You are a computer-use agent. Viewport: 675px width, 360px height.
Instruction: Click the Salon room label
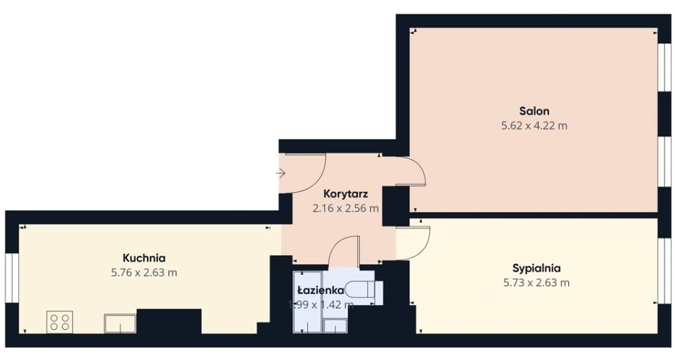coord(534,111)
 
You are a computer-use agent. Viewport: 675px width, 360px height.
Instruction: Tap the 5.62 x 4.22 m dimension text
coord(534,126)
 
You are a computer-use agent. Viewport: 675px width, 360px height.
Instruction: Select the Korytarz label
coord(346,194)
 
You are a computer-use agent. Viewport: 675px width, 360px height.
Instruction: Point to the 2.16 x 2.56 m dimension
coord(346,208)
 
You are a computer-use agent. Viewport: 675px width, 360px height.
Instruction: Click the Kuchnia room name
coord(144,258)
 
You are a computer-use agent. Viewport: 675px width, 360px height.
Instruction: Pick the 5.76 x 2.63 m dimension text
coord(144,273)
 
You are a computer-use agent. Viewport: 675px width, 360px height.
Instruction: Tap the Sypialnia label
coord(536,269)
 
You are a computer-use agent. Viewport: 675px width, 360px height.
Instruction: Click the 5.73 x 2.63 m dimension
coord(536,283)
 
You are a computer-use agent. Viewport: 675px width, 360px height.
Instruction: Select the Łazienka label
coord(321,290)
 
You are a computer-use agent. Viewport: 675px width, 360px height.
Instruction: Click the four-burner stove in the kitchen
coord(59,321)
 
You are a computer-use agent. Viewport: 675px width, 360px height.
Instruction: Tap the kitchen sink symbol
coord(120,323)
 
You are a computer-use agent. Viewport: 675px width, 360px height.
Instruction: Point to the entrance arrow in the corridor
coord(281,174)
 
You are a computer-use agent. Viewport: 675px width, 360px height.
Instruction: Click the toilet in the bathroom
coord(364,290)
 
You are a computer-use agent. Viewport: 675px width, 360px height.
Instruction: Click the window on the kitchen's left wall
coord(12,278)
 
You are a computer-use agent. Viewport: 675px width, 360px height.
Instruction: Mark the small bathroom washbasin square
coord(335,326)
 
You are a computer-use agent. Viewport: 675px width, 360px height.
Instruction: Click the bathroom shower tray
coord(307,302)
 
